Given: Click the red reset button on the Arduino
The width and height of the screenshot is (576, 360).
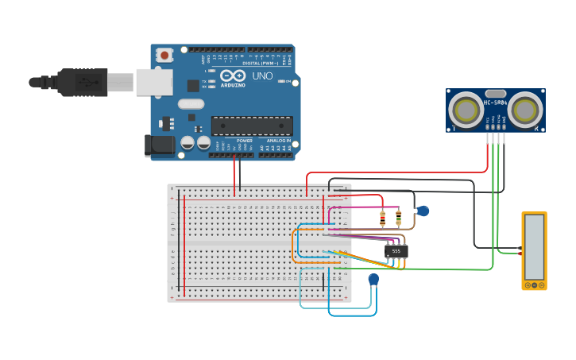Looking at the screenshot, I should pos(164,55).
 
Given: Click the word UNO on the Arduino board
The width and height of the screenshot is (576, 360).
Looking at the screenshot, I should pos(262,76).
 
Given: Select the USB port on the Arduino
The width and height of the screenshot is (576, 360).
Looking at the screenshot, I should pos(153,81).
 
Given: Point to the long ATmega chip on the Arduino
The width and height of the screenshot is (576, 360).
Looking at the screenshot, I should pos(251,126).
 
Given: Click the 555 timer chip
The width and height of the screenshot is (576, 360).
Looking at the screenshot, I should pos(396,251).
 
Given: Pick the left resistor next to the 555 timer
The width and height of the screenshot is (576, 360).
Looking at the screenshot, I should pos(382,217).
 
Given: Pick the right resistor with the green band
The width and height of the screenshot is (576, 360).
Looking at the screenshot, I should pos(399,217).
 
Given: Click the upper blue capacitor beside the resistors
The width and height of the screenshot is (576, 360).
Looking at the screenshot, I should pos(423,211).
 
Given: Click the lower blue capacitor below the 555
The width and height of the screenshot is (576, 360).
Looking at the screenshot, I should pos(373,279).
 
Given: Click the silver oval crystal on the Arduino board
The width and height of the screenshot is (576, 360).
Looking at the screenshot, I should pos(191,103).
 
